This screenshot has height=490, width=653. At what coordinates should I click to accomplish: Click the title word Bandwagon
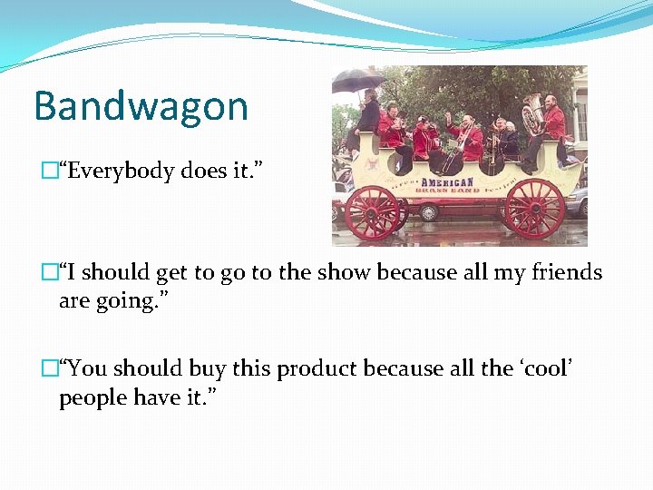click(141, 106)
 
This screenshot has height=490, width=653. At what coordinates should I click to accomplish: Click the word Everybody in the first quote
click(121, 170)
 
